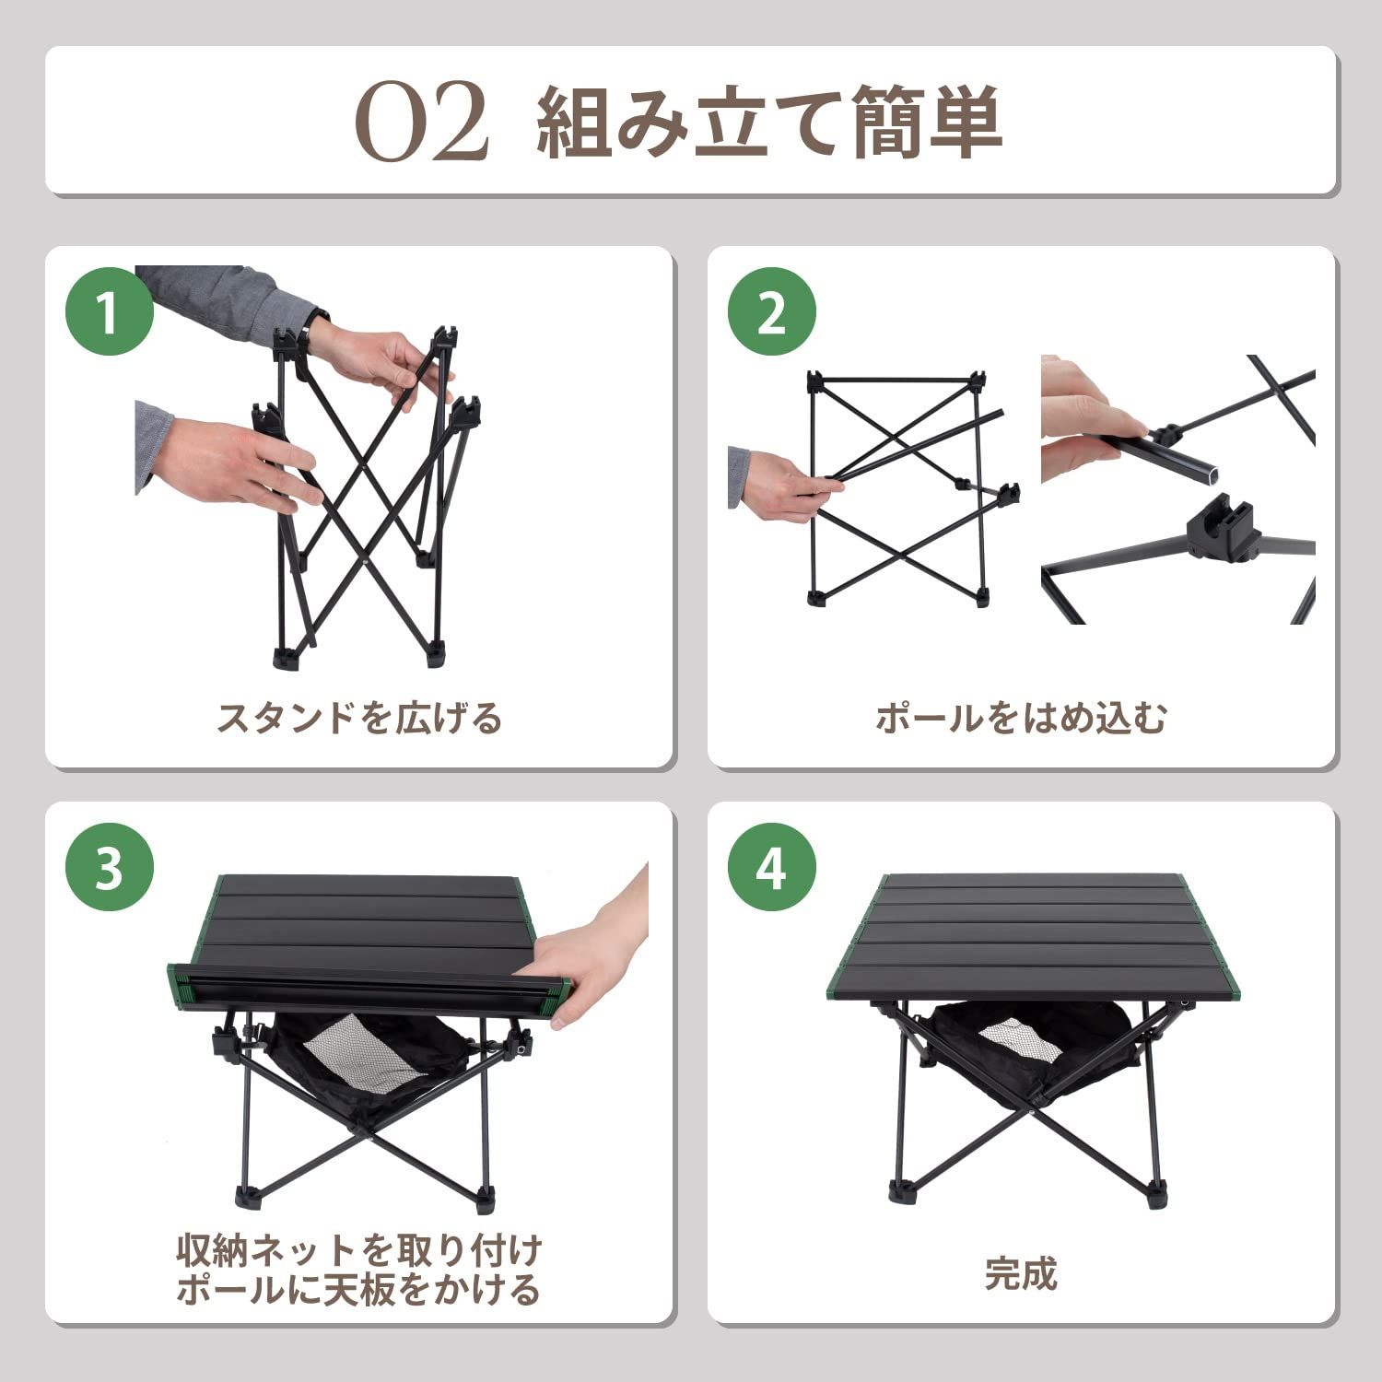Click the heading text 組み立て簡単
coord(769,123)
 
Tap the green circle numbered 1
coord(109,313)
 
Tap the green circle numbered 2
coord(772,313)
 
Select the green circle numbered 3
coord(109,868)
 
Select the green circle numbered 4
coord(772,868)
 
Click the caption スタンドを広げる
coord(359,717)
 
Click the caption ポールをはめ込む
coord(1021,717)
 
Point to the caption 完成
coord(1021,1274)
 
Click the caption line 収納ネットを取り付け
coord(359,1250)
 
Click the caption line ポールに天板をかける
coord(359,1290)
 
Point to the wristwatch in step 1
coord(318,324)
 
